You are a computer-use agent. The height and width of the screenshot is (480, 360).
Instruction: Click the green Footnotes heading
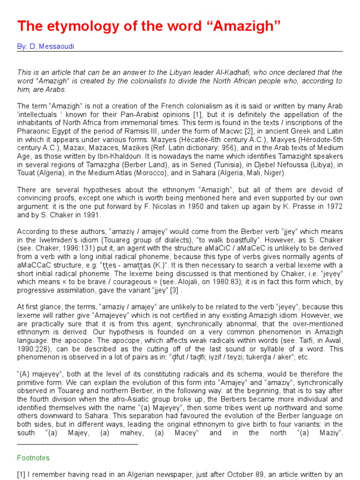pyautogui.click(x=33, y=457)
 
